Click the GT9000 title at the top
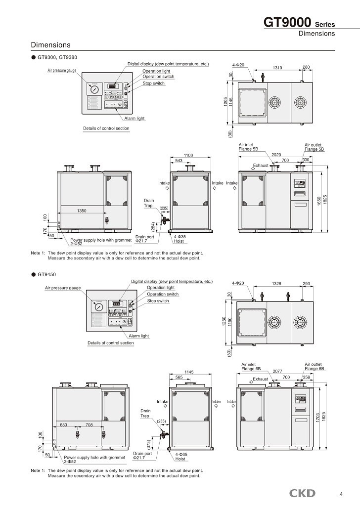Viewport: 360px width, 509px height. (287, 23)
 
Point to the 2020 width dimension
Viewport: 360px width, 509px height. (276, 154)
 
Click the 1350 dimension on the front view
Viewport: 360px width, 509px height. (82, 211)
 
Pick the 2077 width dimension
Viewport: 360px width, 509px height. (277, 371)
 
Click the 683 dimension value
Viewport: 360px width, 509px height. (63, 424)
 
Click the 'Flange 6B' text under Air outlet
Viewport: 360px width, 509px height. (314, 369)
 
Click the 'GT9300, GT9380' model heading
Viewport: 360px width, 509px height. (57, 57)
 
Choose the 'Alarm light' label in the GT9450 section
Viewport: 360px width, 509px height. (138, 336)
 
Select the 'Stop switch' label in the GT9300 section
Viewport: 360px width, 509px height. (154, 83)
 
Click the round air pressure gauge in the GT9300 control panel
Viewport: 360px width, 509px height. (94, 90)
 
